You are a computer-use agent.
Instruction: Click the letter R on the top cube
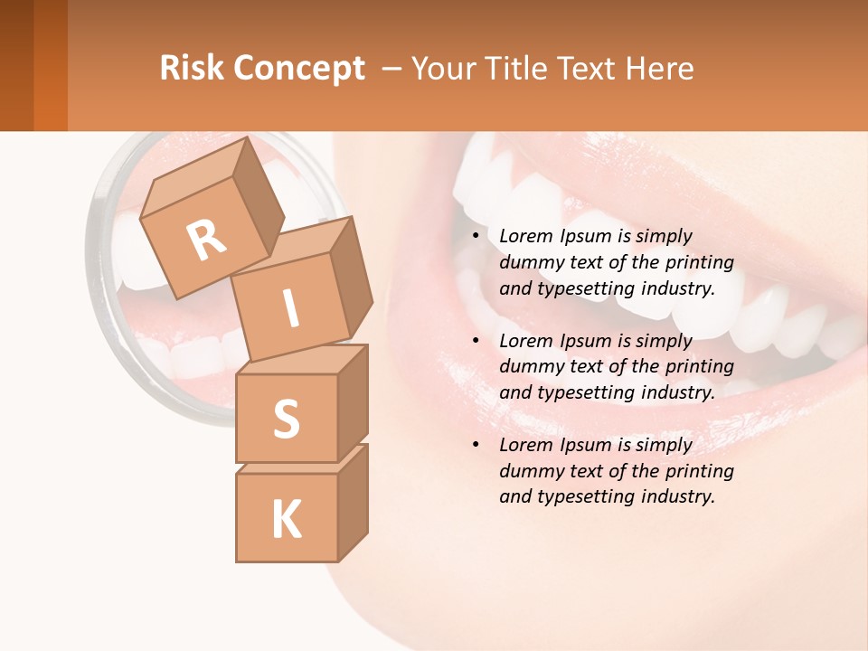(x=206, y=241)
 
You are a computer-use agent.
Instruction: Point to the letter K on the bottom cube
(x=286, y=520)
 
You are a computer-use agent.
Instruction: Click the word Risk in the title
(x=191, y=69)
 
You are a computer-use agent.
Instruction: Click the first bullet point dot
(x=476, y=237)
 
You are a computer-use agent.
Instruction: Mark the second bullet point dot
(x=476, y=342)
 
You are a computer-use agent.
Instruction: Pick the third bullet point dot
(x=476, y=446)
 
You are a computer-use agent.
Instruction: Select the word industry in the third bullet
(x=677, y=496)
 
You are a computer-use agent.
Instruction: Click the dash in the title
(x=392, y=69)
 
